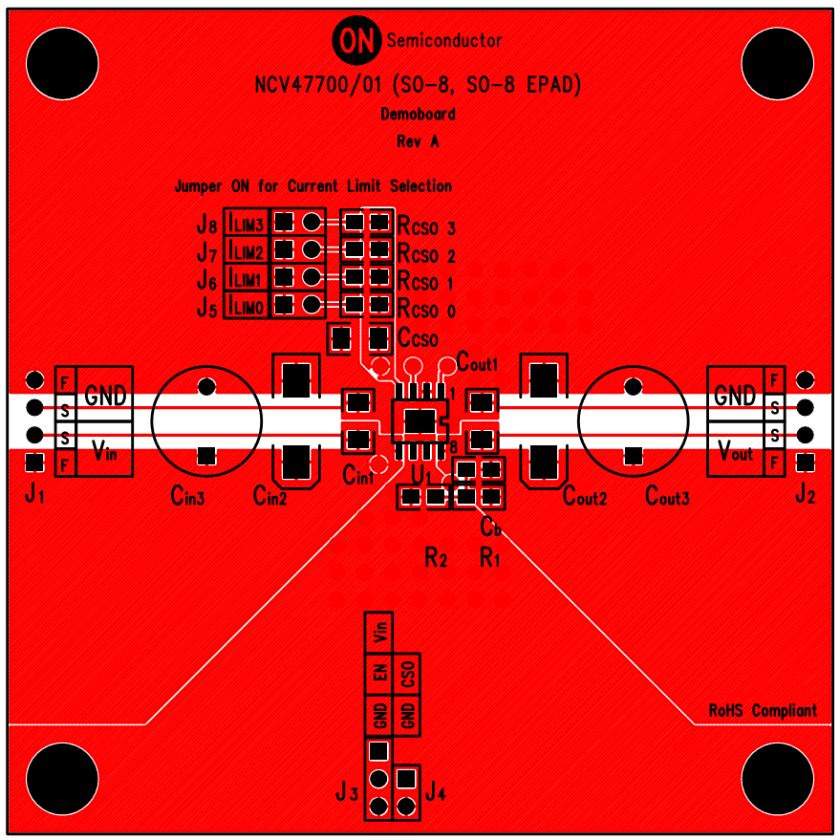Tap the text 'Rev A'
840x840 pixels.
[x=418, y=141]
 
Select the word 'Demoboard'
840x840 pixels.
[x=418, y=115]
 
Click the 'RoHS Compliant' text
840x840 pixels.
[x=763, y=711]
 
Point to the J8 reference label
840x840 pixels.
[x=206, y=225]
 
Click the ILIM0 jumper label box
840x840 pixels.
[x=247, y=306]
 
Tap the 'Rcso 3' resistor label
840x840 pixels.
[x=426, y=228]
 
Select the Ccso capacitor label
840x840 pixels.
[x=418, y=339]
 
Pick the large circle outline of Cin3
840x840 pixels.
[x=206, y=419]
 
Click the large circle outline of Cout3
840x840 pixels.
[x=633, y=419]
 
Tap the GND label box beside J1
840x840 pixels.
[x=104, y=395]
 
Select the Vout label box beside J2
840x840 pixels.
[x=735, y=452]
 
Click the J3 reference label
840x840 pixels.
[x=346, y=792]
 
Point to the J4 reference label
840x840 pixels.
[x=436, y=791]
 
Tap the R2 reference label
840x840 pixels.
[x=436, y=559]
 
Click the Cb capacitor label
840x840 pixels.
[x=491, y=527]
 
